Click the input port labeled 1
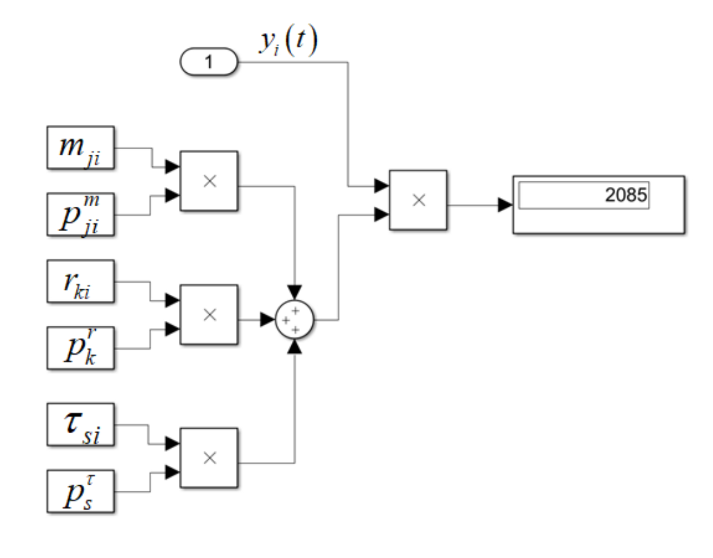209,62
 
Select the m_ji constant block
80,148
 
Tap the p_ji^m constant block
80,214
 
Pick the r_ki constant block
80,282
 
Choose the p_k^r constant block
80,348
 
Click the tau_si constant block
80,425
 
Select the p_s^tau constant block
80,491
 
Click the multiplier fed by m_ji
209,181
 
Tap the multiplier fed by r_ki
209,315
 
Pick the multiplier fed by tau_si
209,458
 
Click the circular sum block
295,320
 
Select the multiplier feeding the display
418,200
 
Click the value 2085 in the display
625,195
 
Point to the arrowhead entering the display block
505,205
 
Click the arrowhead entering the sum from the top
295,293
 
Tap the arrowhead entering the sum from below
295,347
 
